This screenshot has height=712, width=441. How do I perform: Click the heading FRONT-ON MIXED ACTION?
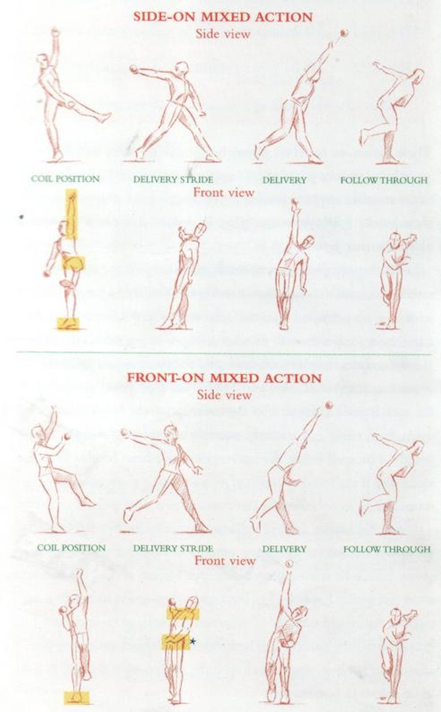224,378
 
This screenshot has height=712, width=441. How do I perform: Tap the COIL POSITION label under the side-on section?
65,180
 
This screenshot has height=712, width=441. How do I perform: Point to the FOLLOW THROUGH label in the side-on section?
383,180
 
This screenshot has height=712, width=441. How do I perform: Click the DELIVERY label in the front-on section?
284,549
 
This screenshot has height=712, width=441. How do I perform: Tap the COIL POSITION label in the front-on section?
71,548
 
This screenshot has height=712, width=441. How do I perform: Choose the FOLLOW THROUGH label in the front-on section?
386,549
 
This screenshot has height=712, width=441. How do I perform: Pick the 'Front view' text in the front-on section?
224,561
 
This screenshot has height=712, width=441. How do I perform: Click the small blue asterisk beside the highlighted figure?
193,639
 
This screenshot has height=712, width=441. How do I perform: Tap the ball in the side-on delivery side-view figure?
344,32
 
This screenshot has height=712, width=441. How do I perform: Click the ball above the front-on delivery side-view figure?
329,406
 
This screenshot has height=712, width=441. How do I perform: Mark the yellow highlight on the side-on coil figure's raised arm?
71,214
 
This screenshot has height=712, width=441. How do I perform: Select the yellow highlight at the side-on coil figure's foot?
68,324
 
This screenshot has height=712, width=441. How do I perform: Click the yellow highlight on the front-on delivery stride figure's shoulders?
181,613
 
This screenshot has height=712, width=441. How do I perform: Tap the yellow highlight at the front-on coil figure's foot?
76,696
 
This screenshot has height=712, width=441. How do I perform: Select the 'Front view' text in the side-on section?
224,192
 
